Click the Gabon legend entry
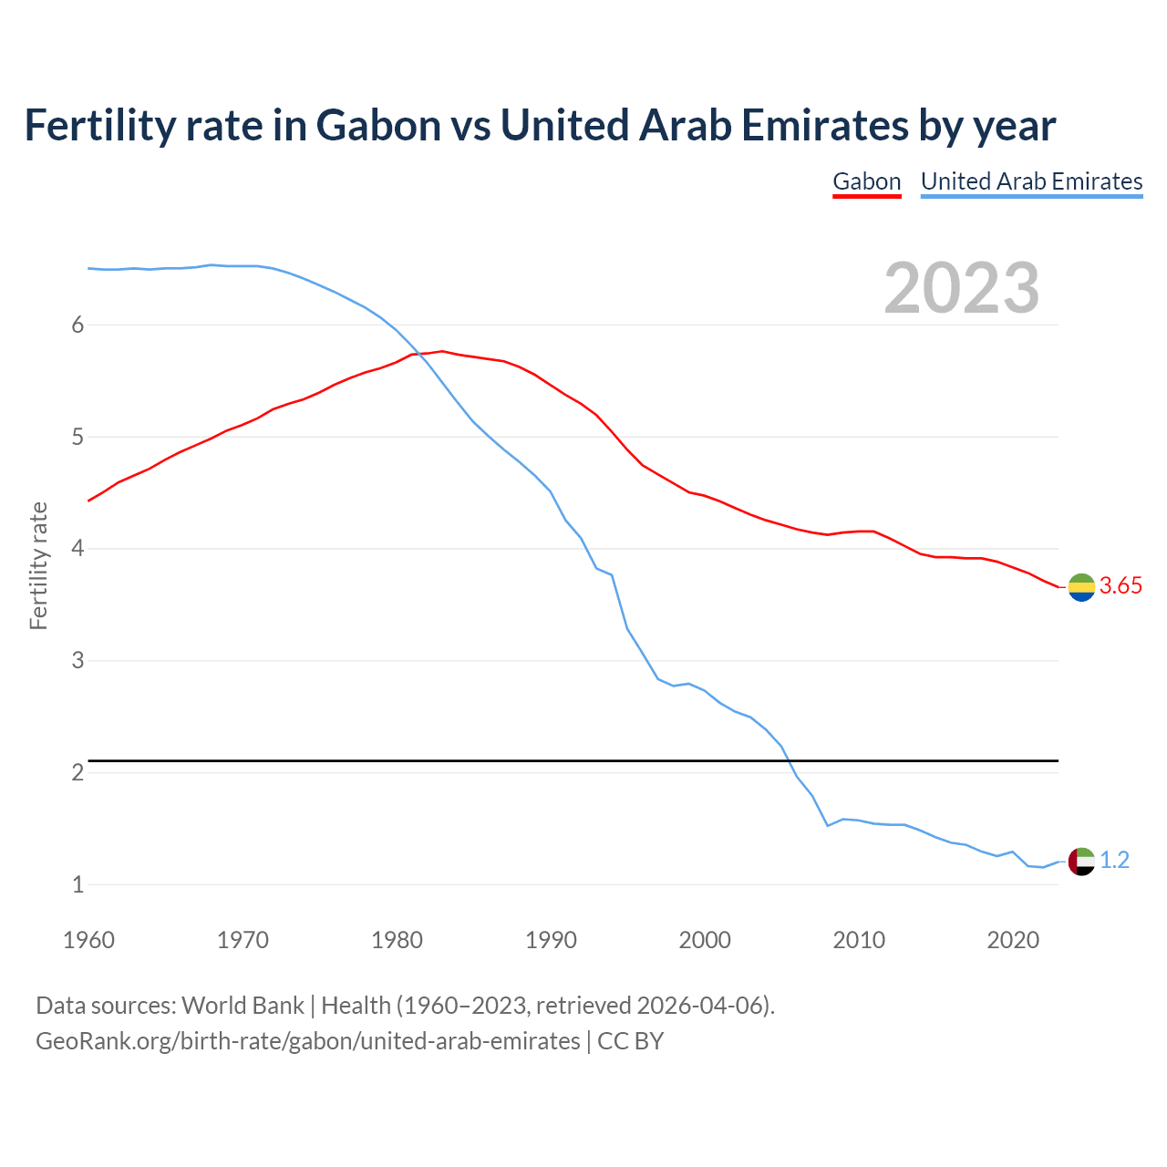click(x=866, y=181)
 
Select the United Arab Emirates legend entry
click(x=1031, y=181)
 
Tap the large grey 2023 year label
click(x=961, y=288)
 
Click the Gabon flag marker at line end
click(x=1081, y=587)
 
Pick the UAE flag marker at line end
click(x=1081, y=861)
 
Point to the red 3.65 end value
click(x=1121, y=586)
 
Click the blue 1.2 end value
click(x=1114, y=860)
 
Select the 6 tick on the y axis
click(x=77, y=325)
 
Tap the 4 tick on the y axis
click(x=77, y=549)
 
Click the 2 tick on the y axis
click(x=77, y=772)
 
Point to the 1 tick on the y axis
click(x=77, y=884)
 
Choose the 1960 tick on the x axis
click(x=88, y=940)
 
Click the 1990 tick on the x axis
click(x=551, y=940)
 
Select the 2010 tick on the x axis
click(x=859, y=940)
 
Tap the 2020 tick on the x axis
click(x=1013, y=940)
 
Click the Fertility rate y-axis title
click(x=38, y=565)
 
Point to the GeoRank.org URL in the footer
click(x=307, y=1040)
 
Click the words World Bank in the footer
click(x=243, y=1006)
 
